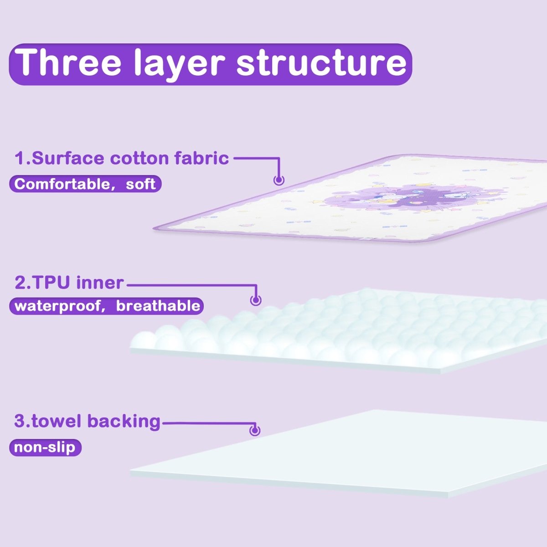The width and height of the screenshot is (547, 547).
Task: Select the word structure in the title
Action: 321,64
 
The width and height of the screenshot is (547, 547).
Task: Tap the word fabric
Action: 201,158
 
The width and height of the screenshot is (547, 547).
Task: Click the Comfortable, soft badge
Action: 85,184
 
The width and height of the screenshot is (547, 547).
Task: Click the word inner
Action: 100,283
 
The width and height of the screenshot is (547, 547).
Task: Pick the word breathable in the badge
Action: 158,305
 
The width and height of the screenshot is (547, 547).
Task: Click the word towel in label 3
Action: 57,421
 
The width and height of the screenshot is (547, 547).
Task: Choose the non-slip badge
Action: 45,447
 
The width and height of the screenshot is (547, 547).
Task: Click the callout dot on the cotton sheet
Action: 279,180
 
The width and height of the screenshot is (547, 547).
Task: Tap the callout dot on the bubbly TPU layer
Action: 256,300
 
